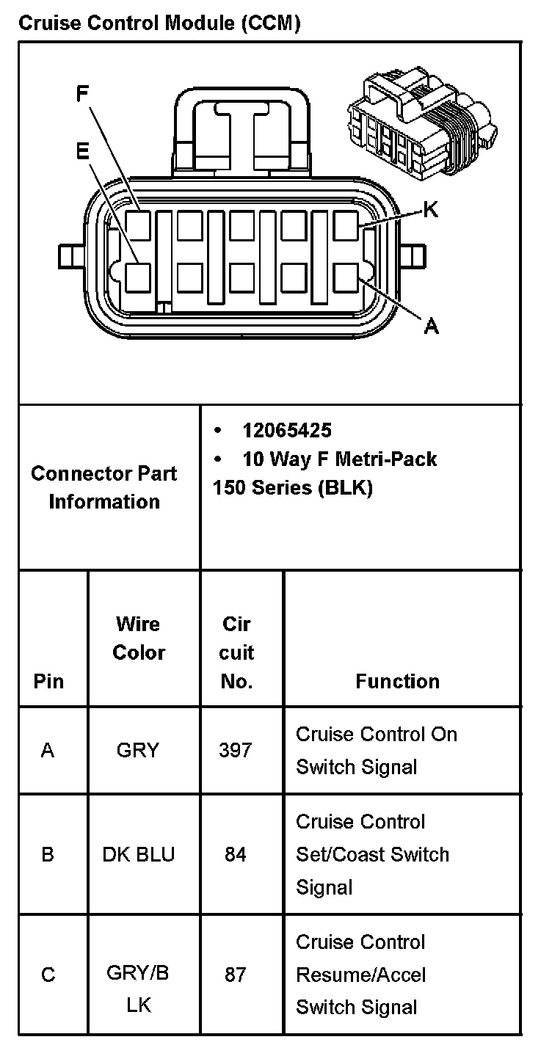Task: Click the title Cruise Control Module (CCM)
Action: click(159, 23)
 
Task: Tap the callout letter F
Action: click(83, 93)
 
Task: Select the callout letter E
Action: click(82, 150)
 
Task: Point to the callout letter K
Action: click(431, 211)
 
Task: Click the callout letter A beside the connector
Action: click(432, 326)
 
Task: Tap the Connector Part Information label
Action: click(103, 487)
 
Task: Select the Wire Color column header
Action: click(139, 638)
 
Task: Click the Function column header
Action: click(397, 681)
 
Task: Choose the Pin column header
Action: click(48, 681)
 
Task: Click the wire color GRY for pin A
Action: click(137, 750)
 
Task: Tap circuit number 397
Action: click(235, 750)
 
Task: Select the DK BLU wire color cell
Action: click(139, 854)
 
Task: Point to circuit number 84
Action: click(235, 854)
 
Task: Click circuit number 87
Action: click(235, 975)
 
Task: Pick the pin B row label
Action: click(48, 854)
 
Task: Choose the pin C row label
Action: click(48, 975)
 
